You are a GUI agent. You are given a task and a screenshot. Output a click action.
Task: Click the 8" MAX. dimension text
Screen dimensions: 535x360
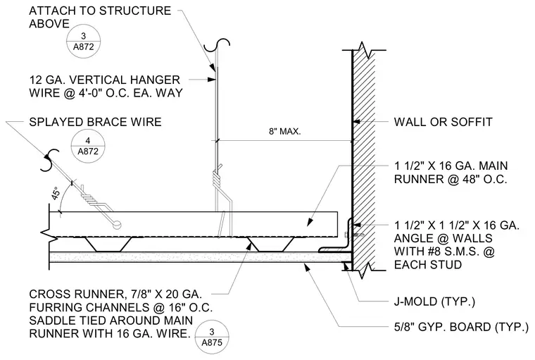pyautogui.click(x=284, y=131)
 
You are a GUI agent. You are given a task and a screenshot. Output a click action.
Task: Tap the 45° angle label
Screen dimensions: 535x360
pyautogui.click(x=56, y=193)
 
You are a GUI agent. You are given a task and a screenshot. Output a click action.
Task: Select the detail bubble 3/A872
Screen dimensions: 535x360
pyautogui.click(x=83, y=42)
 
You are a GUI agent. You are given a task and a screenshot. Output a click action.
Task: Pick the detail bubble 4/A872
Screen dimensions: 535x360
pyautogui.click(x=88, y=146)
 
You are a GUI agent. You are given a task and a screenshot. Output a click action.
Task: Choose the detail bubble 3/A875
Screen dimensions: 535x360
pyautogui.click(x=212, y=337)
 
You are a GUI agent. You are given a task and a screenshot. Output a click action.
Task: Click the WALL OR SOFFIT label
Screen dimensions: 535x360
pyautogui.click(x=443, y=122)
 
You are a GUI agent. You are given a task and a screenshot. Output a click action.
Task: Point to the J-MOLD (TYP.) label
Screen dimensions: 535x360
pyautogui.click(x=434, y=302)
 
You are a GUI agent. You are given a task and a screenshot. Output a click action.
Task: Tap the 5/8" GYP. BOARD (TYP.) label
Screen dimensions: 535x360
pyautogui.click(x=461, y=327)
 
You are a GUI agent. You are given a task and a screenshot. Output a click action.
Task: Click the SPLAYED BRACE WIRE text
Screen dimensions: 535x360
pyautogui.click(x=95, y=122)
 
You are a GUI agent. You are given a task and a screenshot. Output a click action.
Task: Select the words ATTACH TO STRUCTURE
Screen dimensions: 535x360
pyautogui.click(x=100, y=11)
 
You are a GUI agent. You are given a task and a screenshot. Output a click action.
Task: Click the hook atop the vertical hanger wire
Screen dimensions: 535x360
pyautogui.click(x=217, y=45)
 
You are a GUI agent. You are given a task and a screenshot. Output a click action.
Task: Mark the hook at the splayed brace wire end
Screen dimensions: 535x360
pyautogui.click(x=50, y=160)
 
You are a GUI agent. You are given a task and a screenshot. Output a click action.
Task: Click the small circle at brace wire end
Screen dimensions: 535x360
pyautogui.click(x=117, y=225)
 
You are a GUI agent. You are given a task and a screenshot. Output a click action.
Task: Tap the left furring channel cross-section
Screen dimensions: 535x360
pyautogui.click(x=108, y=244)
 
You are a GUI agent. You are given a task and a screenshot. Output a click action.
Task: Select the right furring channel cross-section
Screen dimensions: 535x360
pyautogui.click(x=270, y=244)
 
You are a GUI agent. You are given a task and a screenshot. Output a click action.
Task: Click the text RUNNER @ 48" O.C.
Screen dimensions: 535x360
pyautogui.click(x=451, y=179)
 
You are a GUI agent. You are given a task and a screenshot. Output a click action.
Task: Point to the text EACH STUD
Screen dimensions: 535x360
pyautogui.click(x=428, y=264)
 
